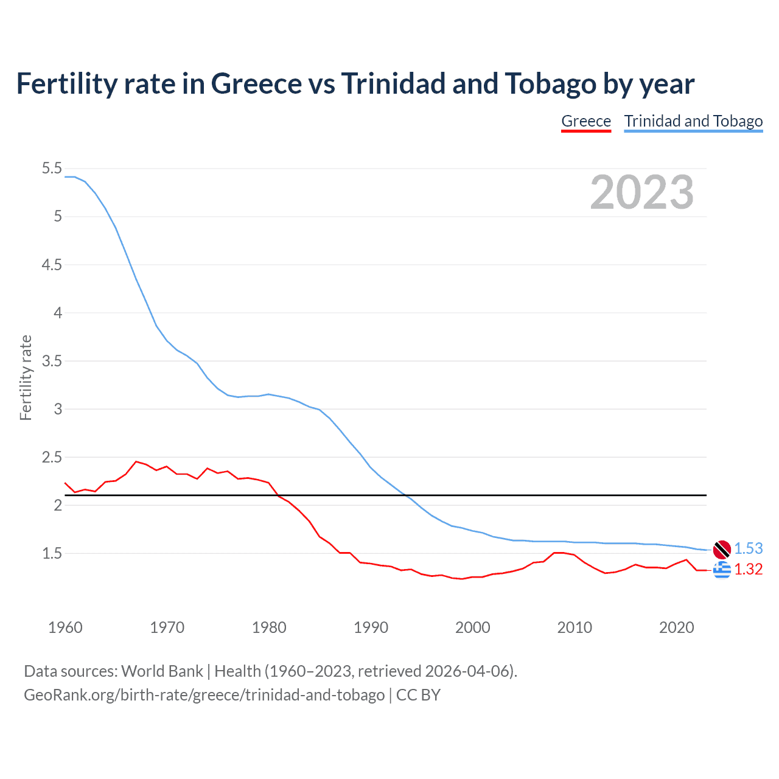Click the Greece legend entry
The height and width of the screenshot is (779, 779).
[585, 121]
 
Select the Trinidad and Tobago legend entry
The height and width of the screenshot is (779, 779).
[693, 121]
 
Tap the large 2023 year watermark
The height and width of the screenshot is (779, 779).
[641, 192]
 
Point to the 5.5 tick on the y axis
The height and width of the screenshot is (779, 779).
[52, 169]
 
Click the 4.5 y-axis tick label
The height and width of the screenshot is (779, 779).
[52, 265]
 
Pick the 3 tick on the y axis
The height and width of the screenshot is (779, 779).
[58, 409]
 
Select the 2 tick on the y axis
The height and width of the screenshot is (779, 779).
[58, 505]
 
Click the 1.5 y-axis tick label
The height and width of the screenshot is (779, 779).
[52, 553]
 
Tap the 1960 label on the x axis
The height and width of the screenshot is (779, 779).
[65, 627]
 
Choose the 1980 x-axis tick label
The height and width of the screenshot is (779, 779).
[269, 627]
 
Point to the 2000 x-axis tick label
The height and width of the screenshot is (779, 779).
[473, 627]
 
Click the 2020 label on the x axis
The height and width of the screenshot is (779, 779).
[676, 627]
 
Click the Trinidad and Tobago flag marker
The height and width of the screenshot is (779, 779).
[722, 550]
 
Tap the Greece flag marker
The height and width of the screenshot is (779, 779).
[722, 570]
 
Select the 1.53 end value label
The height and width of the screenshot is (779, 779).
[749, 548]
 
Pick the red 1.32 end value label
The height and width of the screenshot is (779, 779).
[749, 569]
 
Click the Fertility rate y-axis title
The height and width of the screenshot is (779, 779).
[26, 377]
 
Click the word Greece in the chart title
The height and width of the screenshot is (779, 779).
[256, 84]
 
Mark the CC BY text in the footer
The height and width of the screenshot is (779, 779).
[418, 695]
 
